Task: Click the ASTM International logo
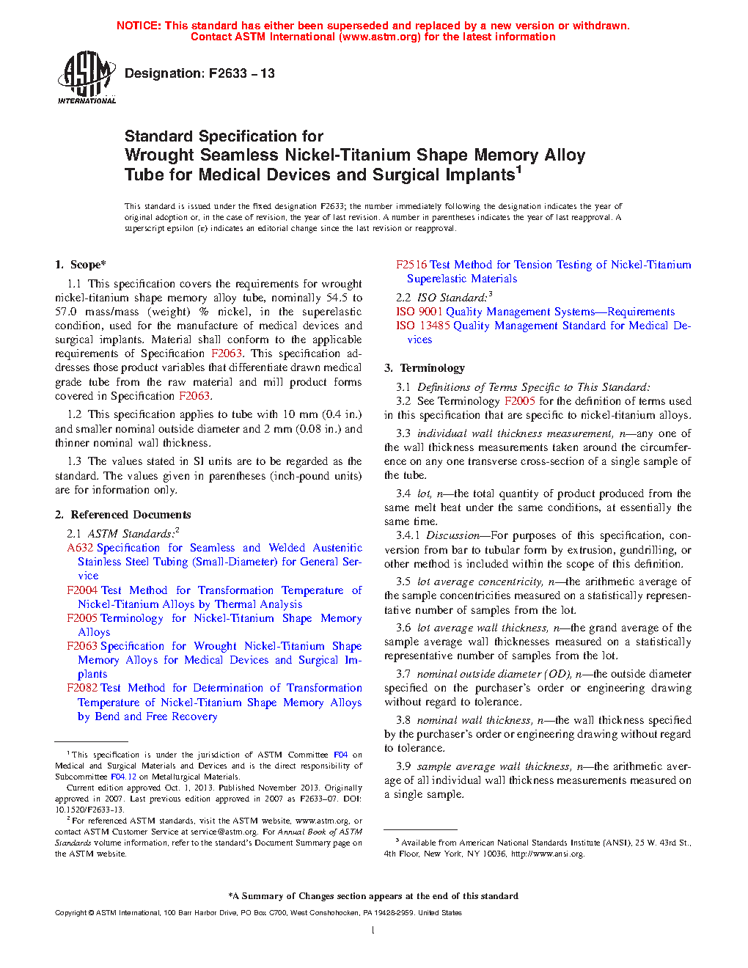point(87,77)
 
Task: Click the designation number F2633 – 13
point(241,73)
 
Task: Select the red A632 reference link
point(81,548)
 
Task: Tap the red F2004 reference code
point(82,590)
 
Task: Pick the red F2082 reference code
point(82,688)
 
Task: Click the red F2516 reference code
point(411,265)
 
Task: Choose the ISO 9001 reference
point(419,312)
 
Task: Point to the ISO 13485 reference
point(423,326)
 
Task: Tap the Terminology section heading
point(432,368)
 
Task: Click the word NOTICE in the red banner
point(139,26)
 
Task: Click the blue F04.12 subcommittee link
point(123,777)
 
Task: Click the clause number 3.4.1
point(408,536)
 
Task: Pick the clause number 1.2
point(74,414)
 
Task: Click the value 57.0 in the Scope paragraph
point(65,312)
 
